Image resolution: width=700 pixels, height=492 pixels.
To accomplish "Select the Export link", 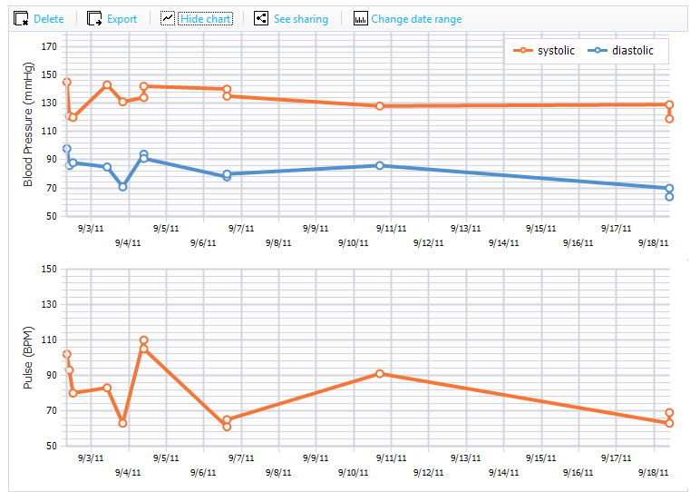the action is point(122,19).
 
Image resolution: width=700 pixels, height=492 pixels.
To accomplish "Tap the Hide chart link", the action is point(205,19).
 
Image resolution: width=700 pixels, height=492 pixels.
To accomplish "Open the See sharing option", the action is point(301,19).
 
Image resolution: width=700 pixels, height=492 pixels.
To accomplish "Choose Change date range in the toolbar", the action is point(416,19).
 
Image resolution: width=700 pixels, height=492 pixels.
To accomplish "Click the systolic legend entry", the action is point(544,51).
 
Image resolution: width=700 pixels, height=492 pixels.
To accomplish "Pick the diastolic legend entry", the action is point(620,51).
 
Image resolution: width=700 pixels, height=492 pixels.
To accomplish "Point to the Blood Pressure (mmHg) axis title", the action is point(28,124).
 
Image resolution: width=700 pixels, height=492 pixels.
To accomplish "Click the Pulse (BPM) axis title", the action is point(28,358).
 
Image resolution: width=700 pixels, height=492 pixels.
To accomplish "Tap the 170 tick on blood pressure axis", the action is point(49,46).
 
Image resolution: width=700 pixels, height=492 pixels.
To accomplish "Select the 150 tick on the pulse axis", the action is point(49,269).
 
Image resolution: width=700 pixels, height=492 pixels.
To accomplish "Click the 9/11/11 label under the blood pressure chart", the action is point(391,229).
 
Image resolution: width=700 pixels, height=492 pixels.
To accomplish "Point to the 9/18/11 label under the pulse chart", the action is point(653,472).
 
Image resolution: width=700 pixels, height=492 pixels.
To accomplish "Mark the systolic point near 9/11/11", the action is point(379,106).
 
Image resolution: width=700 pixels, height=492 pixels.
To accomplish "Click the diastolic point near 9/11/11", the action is point(379,165).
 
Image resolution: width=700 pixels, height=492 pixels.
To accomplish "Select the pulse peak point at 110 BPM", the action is point(144,340).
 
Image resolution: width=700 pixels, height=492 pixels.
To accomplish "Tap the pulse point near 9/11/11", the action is point(379,374).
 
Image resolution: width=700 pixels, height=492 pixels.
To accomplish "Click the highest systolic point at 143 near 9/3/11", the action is point(107,85).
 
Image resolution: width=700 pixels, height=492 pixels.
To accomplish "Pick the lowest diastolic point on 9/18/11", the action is point(669,197).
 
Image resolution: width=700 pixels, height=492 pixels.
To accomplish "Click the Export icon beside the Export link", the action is point(94,19).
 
